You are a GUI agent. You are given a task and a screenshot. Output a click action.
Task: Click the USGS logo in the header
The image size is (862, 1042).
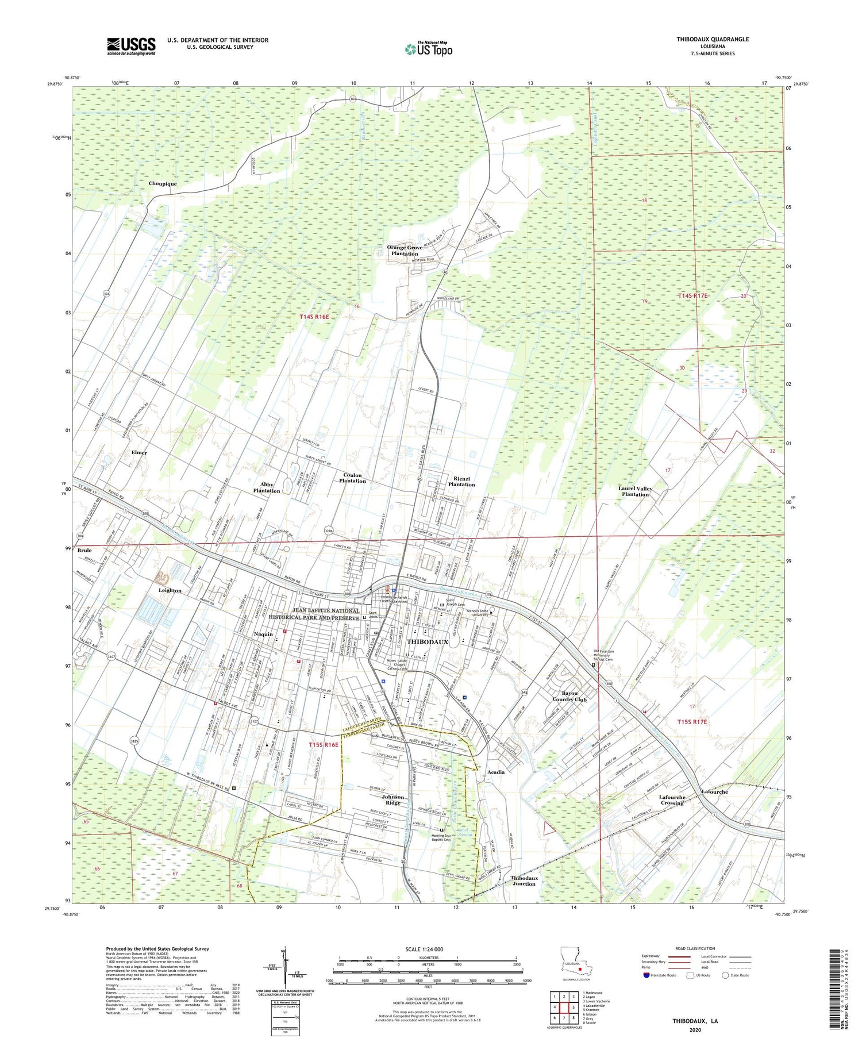(131, 46)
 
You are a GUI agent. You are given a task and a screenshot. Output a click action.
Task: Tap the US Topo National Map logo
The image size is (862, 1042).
(428, 49)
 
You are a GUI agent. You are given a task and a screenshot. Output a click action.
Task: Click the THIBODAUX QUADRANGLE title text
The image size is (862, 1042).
(705, 39)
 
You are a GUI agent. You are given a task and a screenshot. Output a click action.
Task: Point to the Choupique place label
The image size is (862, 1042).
(163, 183)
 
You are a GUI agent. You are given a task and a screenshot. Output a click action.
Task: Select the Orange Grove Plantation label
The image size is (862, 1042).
(405, 251)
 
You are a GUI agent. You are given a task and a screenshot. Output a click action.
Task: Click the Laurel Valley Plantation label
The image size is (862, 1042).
(635, 491)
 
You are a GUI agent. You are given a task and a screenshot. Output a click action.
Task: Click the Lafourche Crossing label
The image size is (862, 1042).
(671, 800)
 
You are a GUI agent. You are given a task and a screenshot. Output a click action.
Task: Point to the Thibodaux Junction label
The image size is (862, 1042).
(524, 881)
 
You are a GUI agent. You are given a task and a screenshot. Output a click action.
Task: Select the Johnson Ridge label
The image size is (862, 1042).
(393, 799)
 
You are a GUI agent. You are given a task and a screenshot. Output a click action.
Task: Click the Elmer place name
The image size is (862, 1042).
(139, 452)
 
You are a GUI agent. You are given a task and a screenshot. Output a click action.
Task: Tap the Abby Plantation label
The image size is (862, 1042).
(267, 487)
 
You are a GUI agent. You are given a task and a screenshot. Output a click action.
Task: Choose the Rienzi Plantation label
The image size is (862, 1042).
(461, 481)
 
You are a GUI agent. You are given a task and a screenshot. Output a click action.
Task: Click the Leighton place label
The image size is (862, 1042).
(170, 590)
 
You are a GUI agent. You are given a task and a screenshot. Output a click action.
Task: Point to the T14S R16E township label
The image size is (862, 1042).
(314, 317)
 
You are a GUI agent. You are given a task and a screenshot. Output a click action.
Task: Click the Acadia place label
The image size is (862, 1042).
(496, 772)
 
